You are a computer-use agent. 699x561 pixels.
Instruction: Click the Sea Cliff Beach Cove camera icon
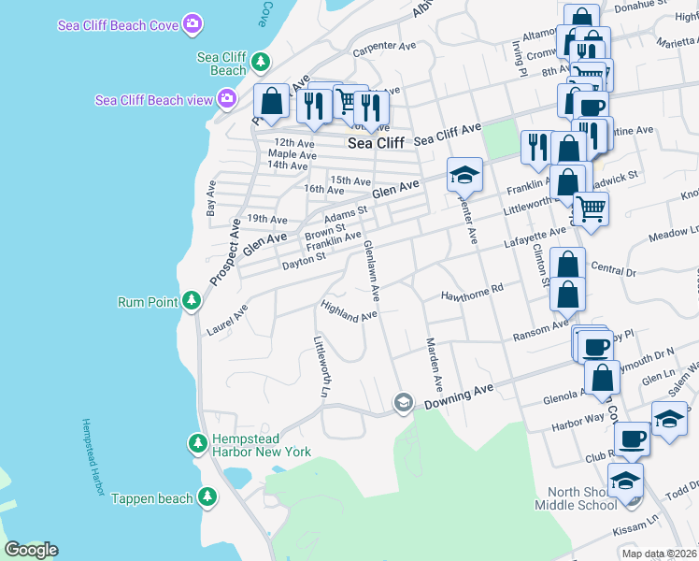(x=193, y=23)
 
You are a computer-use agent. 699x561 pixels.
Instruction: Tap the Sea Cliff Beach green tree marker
(x=262, y=63)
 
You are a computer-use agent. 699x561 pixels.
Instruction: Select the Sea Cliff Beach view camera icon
(x=226, y=99)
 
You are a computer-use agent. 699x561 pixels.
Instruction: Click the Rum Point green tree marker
(x=192, y=301)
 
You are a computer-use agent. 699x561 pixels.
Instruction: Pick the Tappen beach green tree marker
(x=207, y=498)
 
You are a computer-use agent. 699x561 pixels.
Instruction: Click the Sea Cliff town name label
(x=376, y=143)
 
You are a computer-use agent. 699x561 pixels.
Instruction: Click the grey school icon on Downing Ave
(x=403, y=402)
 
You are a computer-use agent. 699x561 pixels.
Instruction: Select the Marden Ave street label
(x=433, y=365)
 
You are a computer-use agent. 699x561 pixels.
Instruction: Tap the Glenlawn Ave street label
(x=371, y=270)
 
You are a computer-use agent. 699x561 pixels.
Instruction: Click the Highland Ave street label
(x=348, y=310)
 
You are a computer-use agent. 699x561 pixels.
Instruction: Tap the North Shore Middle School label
(x=576, y=498)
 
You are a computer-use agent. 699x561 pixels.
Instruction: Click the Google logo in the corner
(x=31, y=550)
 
